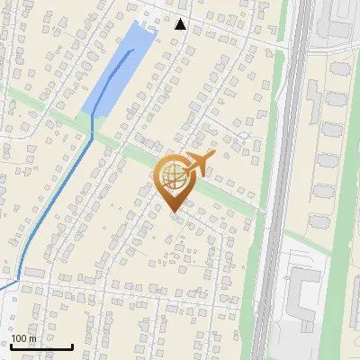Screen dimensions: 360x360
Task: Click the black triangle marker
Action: (181, 24)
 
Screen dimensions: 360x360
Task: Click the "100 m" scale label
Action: (24, 337)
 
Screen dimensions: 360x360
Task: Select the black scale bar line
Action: (41, 346)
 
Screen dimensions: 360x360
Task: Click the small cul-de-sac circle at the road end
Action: (241, 135)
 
